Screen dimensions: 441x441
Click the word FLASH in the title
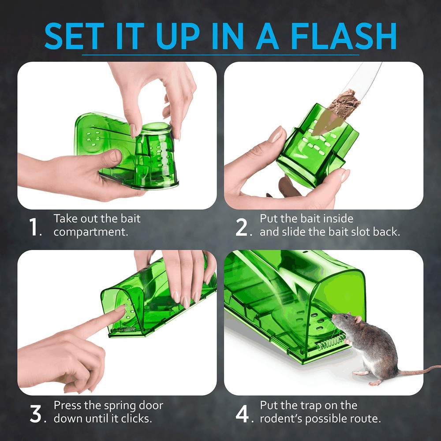click(x=344, y=36)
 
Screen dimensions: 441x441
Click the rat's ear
click(x=358, y=319)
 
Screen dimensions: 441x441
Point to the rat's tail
click(x=419, y=370)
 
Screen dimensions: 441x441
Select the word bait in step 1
click(x=130, y=219)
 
